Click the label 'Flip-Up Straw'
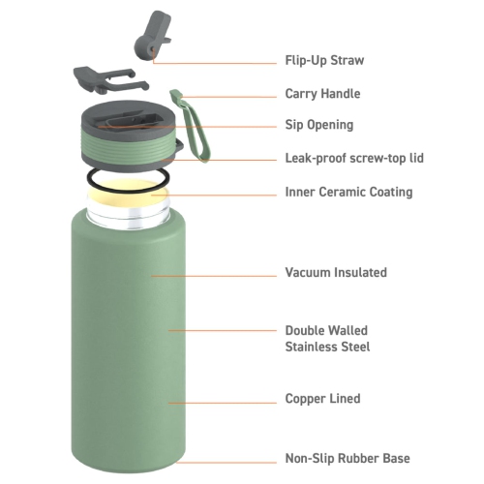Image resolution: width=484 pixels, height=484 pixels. pos(324,60)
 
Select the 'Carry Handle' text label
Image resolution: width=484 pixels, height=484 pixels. pos(322,94)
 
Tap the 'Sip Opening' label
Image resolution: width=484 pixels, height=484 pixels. pos(318,125)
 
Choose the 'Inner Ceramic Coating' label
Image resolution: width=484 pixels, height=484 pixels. pos(348,192)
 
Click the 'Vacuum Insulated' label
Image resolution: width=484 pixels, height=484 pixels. pos(335,272)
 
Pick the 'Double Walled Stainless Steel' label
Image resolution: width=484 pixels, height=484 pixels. pos(327,338)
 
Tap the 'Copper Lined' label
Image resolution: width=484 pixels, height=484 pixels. pos(322,398)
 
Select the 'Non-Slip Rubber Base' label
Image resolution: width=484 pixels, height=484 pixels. pos(348,458)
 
